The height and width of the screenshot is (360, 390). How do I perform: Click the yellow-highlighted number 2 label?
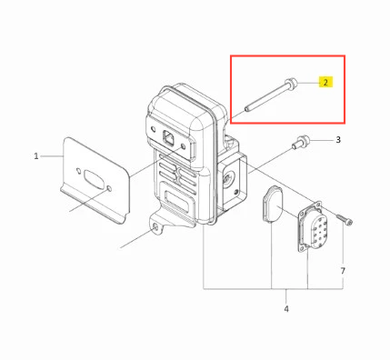(x=325, y=82)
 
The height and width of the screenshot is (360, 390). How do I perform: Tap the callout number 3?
(x=338, y=140)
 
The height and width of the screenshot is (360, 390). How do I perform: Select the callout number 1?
(x=36, y=156)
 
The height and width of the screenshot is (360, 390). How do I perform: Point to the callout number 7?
(x=343, y=271)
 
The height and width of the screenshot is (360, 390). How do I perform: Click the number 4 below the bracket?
(x=286, y=309)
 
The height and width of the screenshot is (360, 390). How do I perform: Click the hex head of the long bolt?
(x=291, y=84)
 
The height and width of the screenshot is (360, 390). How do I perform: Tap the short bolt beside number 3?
(x=301, y=143)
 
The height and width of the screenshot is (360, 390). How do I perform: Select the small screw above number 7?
(x=345, y=219)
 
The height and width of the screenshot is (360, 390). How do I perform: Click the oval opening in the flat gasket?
(x=94, y=179)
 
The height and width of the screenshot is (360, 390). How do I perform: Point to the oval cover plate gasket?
(x=272, y=205)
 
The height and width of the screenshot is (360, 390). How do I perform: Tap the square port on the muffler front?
(x=168, y=137)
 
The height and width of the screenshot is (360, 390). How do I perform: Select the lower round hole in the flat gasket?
(x=109, y=189)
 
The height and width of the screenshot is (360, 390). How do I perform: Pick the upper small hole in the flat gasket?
(x=78, y=171)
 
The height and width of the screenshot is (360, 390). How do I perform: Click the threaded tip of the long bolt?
(x=247, y=108)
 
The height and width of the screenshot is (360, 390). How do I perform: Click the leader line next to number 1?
(x=52, y=156)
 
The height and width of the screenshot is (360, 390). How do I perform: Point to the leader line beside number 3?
(x=322, y=140)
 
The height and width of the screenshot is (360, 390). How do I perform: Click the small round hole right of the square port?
(x=183, y=146)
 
